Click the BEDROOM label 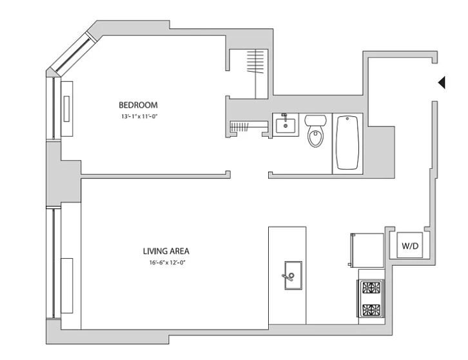[138, 105]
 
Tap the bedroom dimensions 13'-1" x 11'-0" [139, 117]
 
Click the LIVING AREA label [166, 251]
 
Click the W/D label [410, 246]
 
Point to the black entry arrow [442, 83]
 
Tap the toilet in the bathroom [315, 131]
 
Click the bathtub [347, 143]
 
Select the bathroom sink [286, 125]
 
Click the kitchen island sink [293, 275]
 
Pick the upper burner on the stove [371, 288]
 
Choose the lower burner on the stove [371, 310]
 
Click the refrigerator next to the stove [367, 250]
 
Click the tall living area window [54, 263]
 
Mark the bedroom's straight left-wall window [54, 108]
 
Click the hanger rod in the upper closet [256, 74]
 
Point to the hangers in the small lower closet [240, 127]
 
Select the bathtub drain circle [347, 119]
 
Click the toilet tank [315, 120]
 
